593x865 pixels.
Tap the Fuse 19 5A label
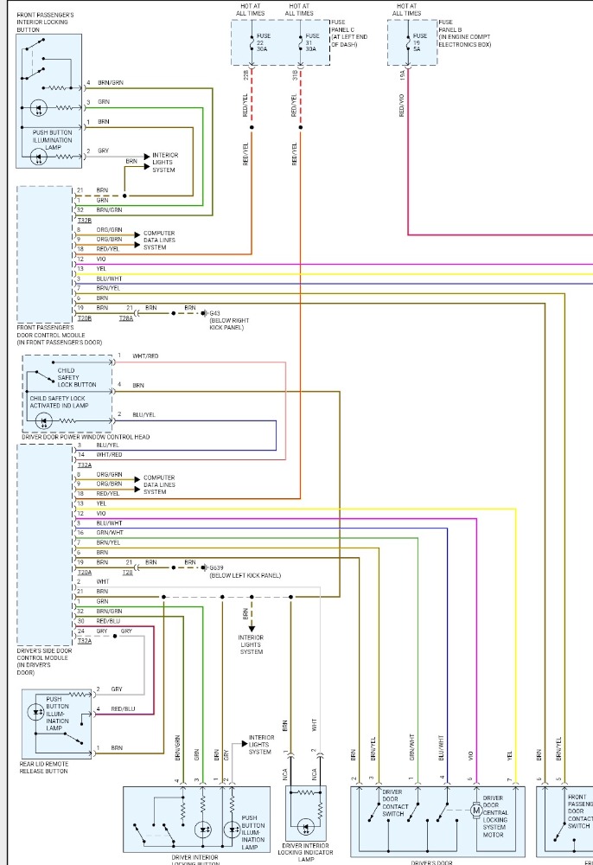[x=420, y=42]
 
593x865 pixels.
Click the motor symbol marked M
[x=475, y=811]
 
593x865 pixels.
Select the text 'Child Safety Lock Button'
[x=78, y=377]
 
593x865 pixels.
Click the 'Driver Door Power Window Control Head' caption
[x=86, y=437]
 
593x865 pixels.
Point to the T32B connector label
[x=85, y=220]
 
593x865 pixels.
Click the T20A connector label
[x=85, y=572]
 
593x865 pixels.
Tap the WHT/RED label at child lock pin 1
[x=145, y=356]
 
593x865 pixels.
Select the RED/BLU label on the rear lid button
[x=124, y=709]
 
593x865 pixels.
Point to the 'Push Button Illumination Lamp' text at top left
[x=53, y=138]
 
